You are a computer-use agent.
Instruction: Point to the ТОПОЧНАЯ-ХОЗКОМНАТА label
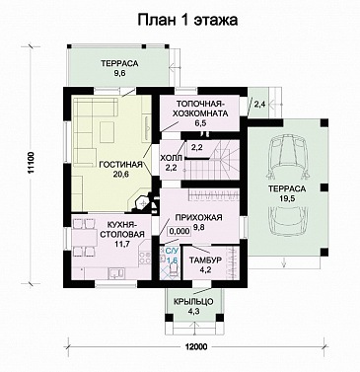click(x=202, y=108)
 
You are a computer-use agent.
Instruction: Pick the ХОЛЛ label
click(x=170, y=157)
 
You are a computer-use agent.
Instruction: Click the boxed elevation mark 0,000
click(x=180, y=231)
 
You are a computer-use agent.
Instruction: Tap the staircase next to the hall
click(x=225, y=157)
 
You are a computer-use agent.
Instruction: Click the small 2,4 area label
click(x=259, y=103)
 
